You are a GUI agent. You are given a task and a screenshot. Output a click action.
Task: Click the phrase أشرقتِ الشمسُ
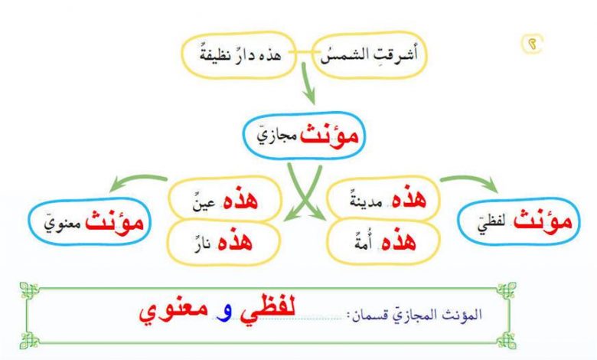[x=369, y=54]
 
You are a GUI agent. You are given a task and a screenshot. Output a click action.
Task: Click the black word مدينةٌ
[x=366, y=201]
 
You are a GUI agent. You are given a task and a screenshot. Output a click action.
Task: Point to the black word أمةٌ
[x=363, y=243]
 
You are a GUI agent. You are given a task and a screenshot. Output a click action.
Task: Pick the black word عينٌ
[x=204, y=202]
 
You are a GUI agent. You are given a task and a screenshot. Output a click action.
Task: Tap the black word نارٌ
[x=202, y=244]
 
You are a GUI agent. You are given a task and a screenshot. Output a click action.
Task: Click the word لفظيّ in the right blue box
[x=491, y=224]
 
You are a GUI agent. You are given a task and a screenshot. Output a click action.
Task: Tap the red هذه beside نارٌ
[x=235, y=241]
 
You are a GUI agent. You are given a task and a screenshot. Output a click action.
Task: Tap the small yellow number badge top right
[x=532, y=44]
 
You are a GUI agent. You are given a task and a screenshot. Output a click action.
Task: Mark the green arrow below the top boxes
[x=308, y=83]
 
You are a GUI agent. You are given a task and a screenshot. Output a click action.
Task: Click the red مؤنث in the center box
[x=329, y=135]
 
